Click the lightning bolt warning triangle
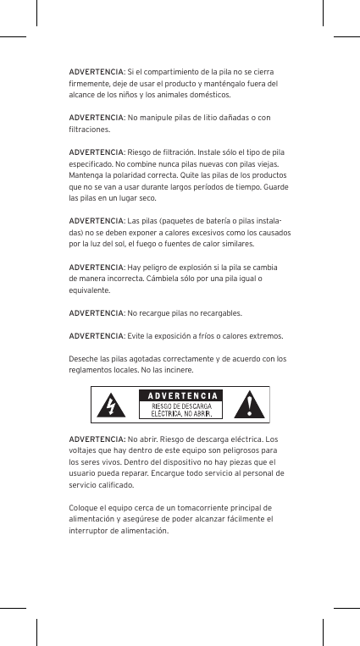point(112,405)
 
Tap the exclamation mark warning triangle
point(252,405)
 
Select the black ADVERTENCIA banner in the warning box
point(180,395)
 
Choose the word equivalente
point(90,289)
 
